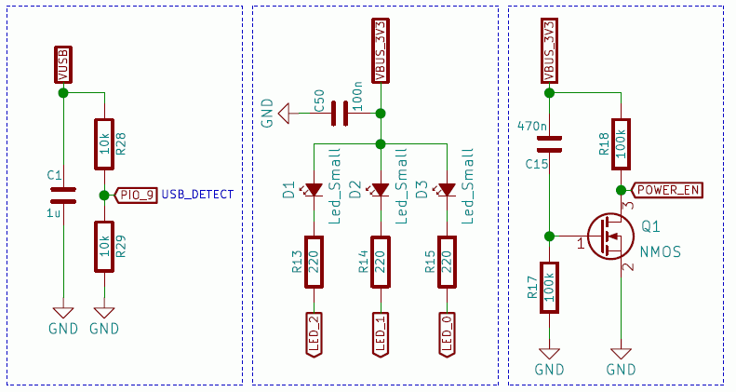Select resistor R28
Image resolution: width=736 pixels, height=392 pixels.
[x=104, y=143]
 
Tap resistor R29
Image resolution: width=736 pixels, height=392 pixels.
[x=104, y=246]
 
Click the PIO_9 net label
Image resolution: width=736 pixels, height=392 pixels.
[x=137, y=195]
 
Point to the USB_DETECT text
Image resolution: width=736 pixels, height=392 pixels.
[x=196, y=195]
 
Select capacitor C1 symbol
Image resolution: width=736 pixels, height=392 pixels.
[x=62, y=195]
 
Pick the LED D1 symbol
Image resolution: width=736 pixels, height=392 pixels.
[x=314, y=190]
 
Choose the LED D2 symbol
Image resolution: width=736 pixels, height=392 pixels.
[x=380, y=190]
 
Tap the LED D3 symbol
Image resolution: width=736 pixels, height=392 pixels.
[x=447, y=190]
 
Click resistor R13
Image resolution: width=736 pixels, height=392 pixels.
[x=314, y=265]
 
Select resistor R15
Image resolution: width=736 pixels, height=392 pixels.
[x=447, y=265]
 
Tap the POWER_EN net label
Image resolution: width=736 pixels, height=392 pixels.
[x=667, y=190]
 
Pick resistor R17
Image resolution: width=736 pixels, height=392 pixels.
[x=550, y=286]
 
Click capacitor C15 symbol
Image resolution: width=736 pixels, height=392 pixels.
[x=550, y=143]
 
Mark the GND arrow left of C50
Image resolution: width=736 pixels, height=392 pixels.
[x=288, y=114]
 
